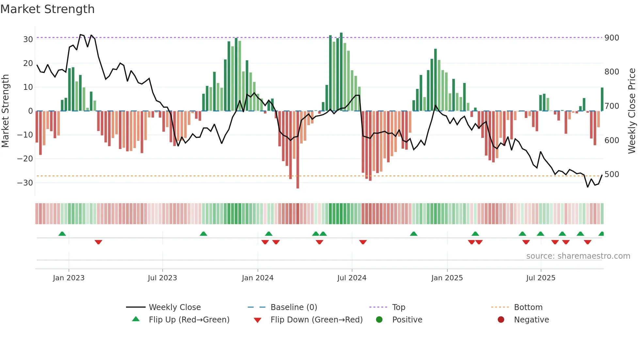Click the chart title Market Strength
tap(47, 9)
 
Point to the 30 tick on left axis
tap(28, 40)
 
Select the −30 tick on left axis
tap(25, 183)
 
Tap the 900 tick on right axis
tap(612, 38)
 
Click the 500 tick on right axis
tap(612, 174)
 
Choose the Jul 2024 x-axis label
tap(352, 278)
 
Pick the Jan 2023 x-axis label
tap(69, 278)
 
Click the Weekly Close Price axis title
tap(632, 111)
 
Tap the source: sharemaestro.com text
tap(578, 256)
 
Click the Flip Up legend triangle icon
tap(136, 319)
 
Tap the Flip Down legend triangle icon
tap(257, 320)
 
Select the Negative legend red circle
tap(501, 319)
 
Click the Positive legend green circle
tap(379, 319)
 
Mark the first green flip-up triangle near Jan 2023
tap(62, 234)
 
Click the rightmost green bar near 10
tap(602, 99)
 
